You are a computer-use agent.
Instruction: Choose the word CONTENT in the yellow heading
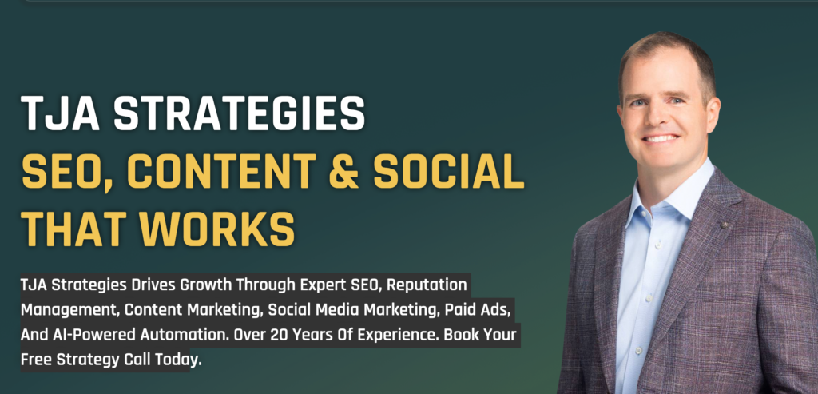point(222,171)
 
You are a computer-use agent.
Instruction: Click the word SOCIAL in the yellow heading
point(449,171)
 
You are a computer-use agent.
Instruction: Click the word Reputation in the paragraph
point(427,285)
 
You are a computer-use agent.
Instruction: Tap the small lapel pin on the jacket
point(724,225)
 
